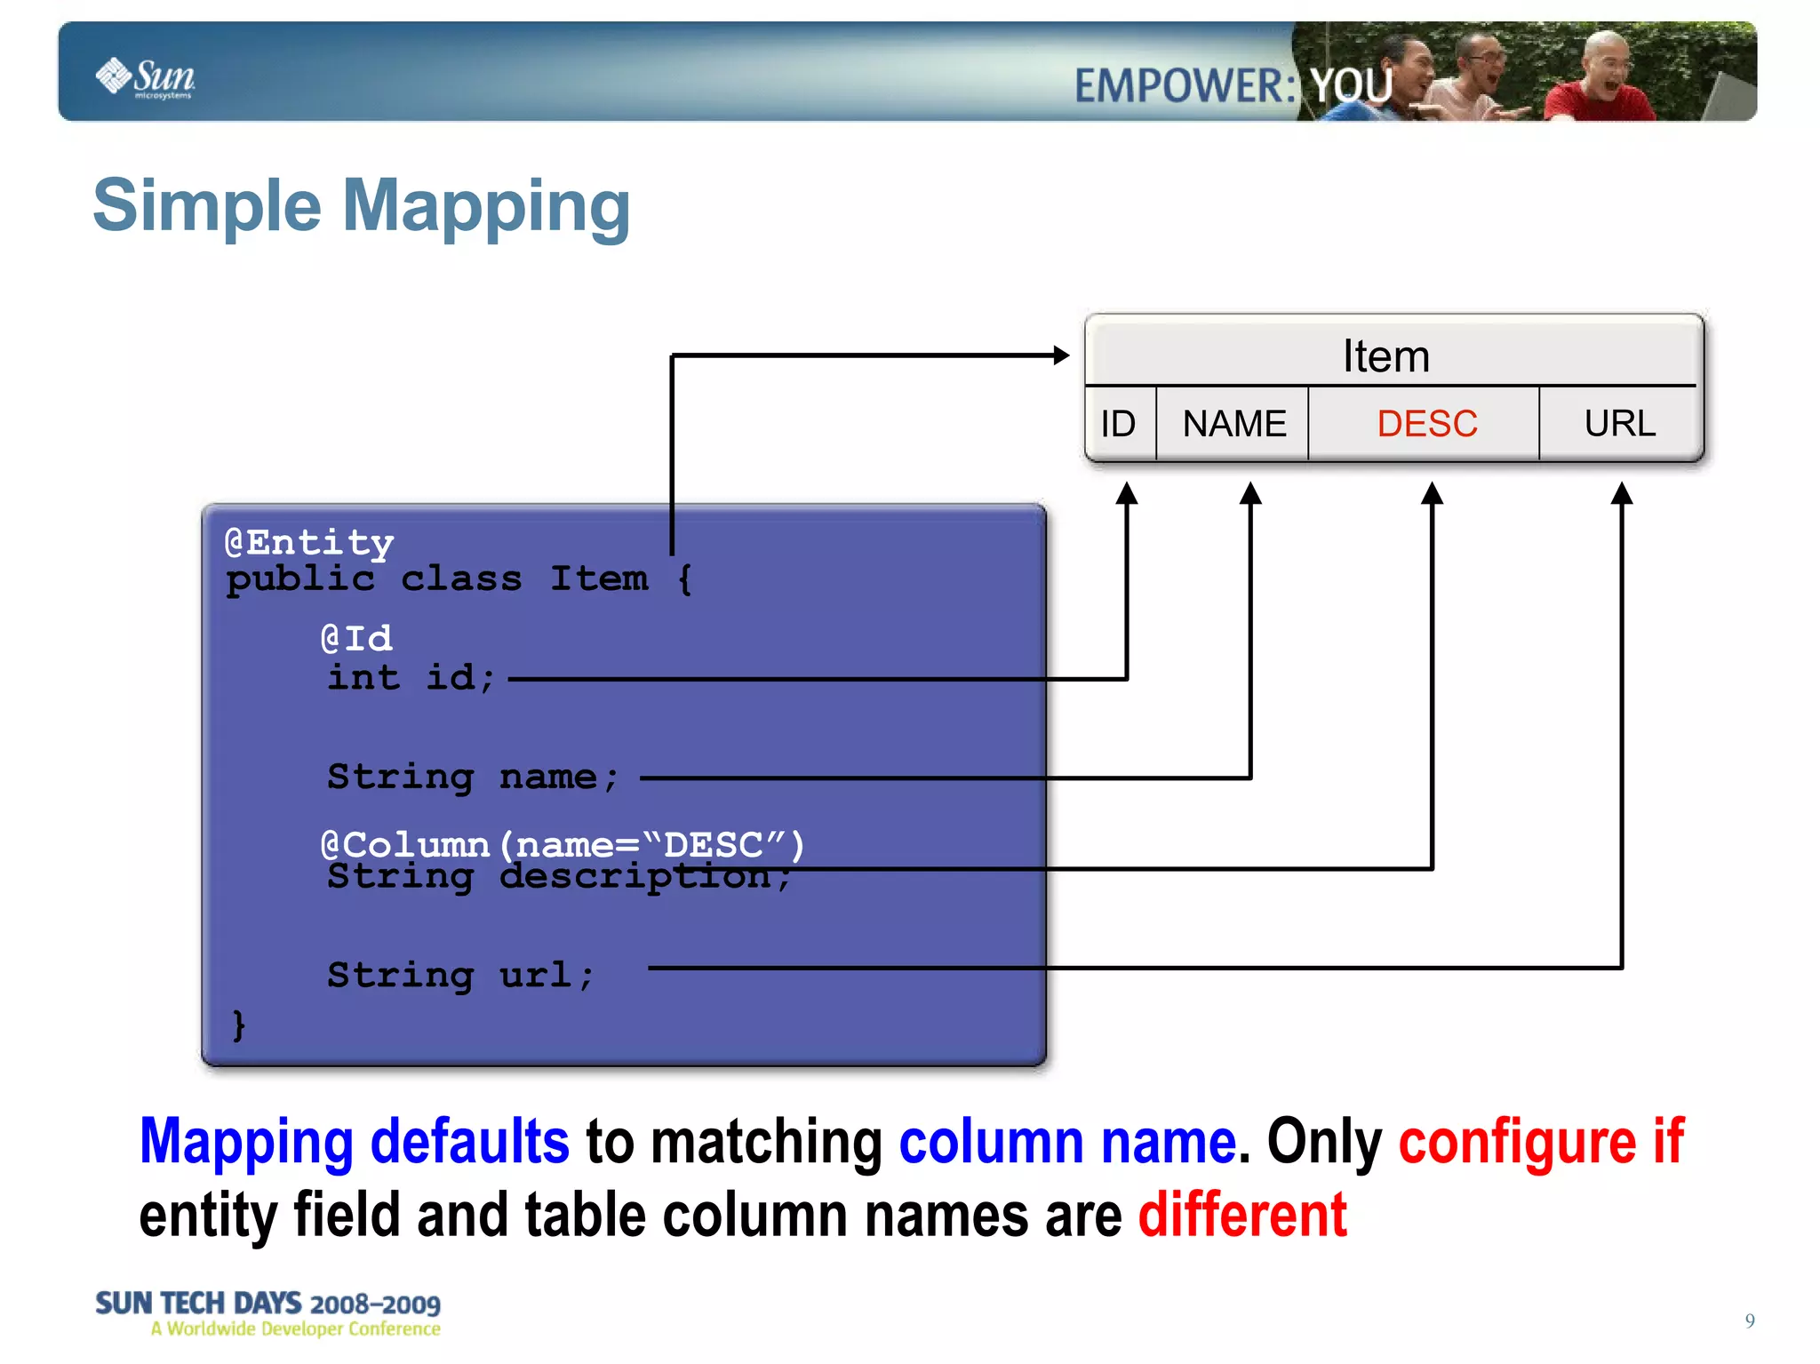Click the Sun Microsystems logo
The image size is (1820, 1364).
(x=146, y=78)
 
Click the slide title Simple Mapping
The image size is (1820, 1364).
(x=362, y=206)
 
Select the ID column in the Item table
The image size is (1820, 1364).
(x=1118, y=424)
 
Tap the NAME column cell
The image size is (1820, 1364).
(x=1233, y=424)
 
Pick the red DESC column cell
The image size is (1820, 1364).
(x=1426, y=424)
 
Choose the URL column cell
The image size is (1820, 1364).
(x=1619, y=424)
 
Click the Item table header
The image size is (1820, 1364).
(x=1385, y=356)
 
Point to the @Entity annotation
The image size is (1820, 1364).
(x=309, y=542)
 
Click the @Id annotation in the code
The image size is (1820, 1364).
(x=356, y=638)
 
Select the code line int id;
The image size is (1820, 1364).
(x=410, y=678)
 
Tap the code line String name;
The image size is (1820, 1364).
(x=472, y=778)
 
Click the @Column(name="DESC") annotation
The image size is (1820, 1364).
(x=562, y=843)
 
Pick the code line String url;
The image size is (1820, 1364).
(x=459, y=976)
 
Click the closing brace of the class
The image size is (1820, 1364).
(x=238, y=1025)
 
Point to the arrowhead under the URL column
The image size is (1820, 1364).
(x=1622, y=493)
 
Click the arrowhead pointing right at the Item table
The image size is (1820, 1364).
(x=1061, y=355)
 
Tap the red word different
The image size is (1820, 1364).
(x=1242, y=1216)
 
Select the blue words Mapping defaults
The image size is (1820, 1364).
(x=354, y=1141)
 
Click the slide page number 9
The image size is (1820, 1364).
(x=1750, y=1320)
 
